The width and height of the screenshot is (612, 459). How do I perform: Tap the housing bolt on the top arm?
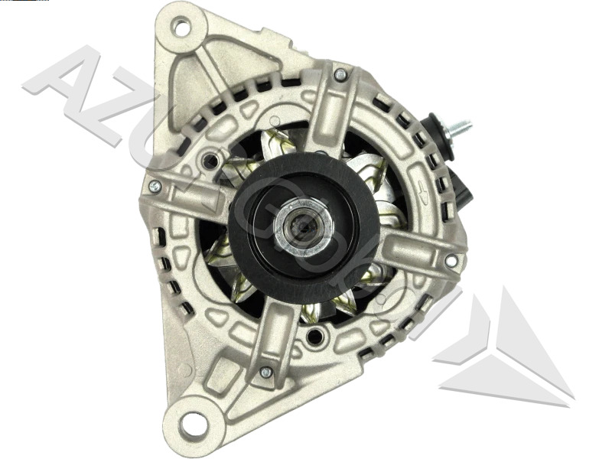[340, 75]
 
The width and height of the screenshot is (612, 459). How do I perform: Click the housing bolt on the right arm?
[451, 261]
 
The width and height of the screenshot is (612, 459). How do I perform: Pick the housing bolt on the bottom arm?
[265, 373]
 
